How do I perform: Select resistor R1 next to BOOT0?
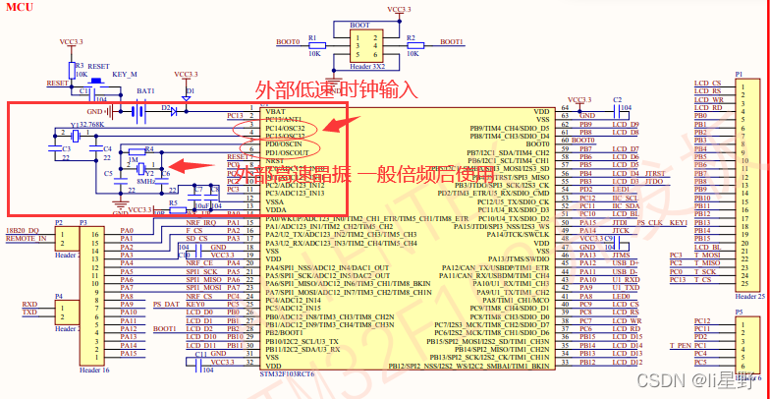click(313, 44)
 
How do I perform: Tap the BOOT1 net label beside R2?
click(452, 42)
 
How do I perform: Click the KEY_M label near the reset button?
click(125, 75)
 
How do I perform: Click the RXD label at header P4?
click(30, 305)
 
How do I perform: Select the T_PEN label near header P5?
click(680, 345)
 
